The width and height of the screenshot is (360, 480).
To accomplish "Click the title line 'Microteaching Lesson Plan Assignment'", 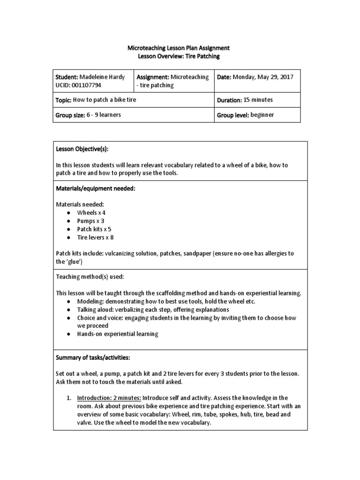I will click(179, 48).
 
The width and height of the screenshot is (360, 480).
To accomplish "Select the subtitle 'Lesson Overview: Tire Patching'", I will click(179, 56).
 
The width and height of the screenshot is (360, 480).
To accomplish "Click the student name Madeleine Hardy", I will click(103, 77).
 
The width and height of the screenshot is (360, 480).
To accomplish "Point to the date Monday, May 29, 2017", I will click(263, 77).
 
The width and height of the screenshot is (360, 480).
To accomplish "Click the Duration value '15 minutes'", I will click(258, 100).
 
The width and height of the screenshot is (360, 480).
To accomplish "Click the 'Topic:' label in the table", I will click(63, 100).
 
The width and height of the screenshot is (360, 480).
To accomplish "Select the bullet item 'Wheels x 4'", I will click(92, 212).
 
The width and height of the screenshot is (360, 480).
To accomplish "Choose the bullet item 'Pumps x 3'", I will click(91, 220).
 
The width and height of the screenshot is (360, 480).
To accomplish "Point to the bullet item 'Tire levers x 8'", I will click(96, 237).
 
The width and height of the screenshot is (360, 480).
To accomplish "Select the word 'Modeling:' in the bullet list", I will click(90, 301).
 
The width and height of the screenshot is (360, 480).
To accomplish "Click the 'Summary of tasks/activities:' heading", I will click(93, 357).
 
